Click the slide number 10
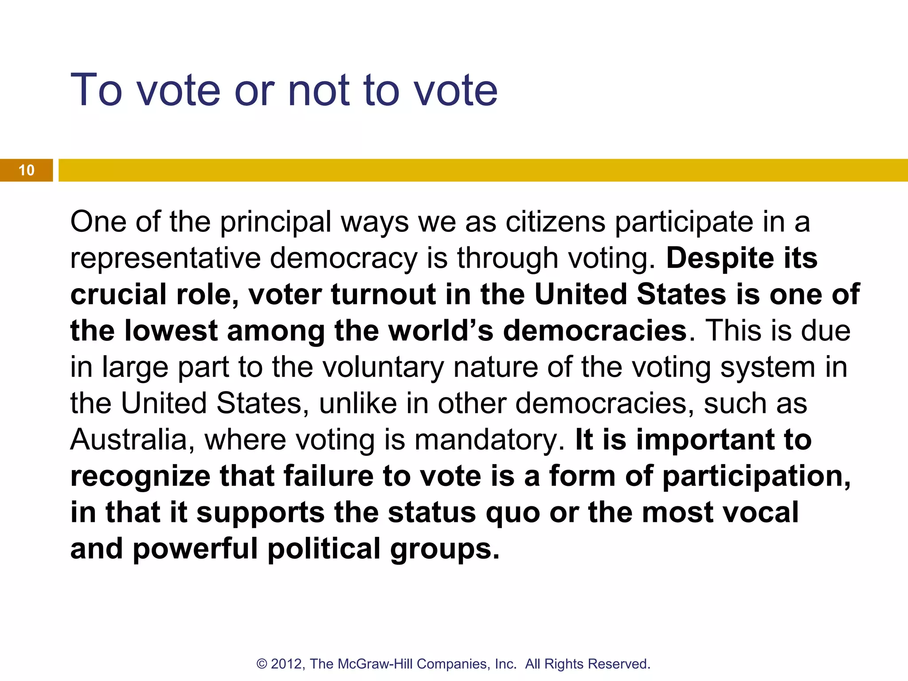pos(27,170)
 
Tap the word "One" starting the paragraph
pos(98,222)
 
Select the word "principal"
pos(276,223)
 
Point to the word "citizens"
pos(555,222)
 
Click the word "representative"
pos(165,259)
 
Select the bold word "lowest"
pos(171,331)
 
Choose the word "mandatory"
pos(489,441)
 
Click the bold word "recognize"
pos(140,477)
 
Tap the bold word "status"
pos(432,513)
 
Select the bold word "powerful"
pos(195,550)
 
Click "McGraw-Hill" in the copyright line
pos(375,664)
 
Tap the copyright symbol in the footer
pos(262,664)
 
